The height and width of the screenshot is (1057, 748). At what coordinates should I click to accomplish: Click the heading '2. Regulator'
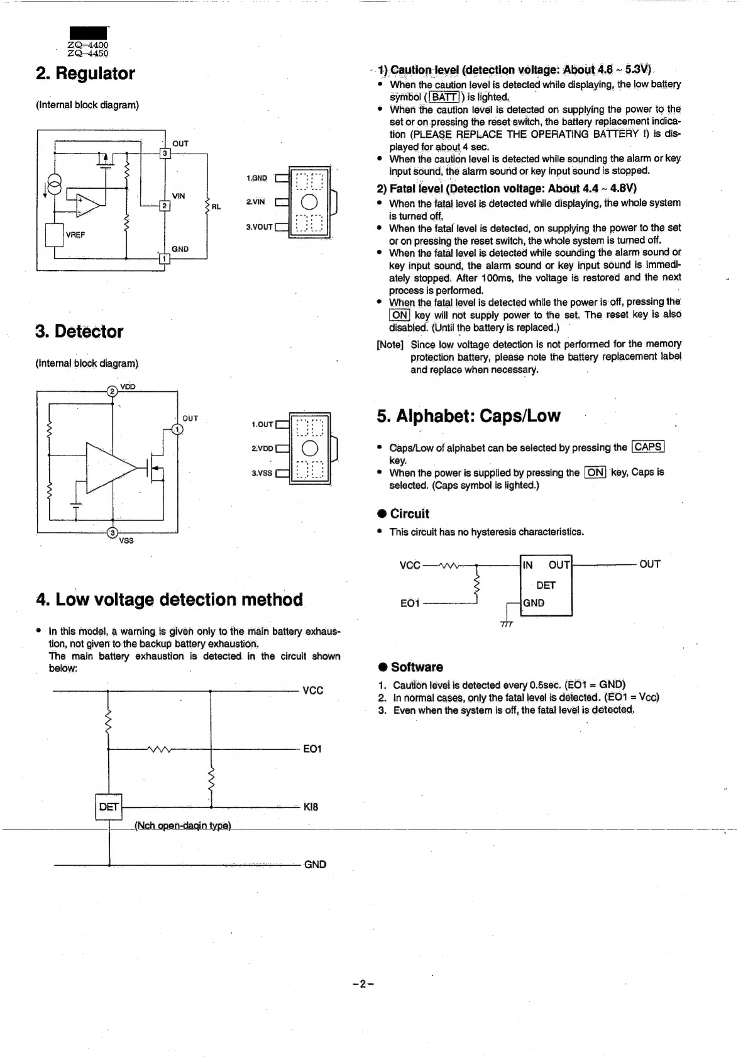[x=85, y=74]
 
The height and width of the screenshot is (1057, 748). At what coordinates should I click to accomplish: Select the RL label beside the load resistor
[x=216, y=206]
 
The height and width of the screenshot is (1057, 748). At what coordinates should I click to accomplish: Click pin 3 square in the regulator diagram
[x=165, y=154]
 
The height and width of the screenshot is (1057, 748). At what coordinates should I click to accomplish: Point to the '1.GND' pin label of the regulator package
[x=256, y=178]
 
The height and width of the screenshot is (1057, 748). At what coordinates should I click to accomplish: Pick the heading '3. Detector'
[x=80, y=332]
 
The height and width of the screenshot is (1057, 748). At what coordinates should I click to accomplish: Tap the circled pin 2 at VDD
[x=113, y=391]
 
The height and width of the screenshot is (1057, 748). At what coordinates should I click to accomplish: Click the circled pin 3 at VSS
[x=113, y=534]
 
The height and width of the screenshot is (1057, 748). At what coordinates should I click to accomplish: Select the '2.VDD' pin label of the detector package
[x=262, y=449]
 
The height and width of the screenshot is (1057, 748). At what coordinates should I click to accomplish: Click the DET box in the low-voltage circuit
[x=108, y=807]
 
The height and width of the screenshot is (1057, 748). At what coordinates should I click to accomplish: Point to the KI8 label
[x=311, y=807]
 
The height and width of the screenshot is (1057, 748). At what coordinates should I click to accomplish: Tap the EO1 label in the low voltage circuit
[x=312, y=749]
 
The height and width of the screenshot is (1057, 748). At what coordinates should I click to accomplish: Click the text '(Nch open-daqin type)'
[x=183, y=825]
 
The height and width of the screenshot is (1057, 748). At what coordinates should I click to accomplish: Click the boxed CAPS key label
[x=648, y=447]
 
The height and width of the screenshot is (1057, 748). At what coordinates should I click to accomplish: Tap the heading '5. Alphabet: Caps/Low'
[x=468, y=417]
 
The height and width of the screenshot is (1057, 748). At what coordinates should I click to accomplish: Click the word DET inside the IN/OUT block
[x=546, y=585]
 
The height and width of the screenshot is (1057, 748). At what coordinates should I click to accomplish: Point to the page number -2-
[x=363, y=984]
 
